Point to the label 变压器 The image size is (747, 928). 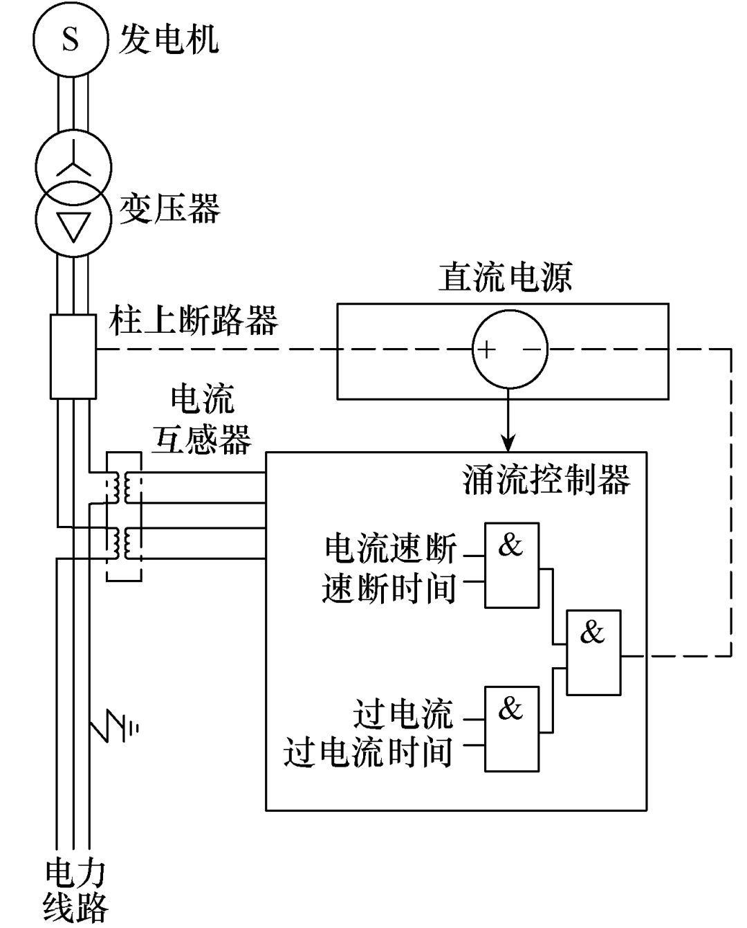(169, 208)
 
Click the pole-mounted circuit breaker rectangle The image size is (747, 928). (73, 356)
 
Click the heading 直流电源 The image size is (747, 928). (505, 278)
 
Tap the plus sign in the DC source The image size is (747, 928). (488, 350)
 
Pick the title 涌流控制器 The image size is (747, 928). (546, 479)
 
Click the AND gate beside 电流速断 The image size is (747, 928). (511, 565)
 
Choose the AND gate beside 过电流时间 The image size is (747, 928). (511, 729)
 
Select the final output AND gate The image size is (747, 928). (593, 653)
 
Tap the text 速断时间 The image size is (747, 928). (389, 590)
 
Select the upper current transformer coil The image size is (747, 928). (123, 486)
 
